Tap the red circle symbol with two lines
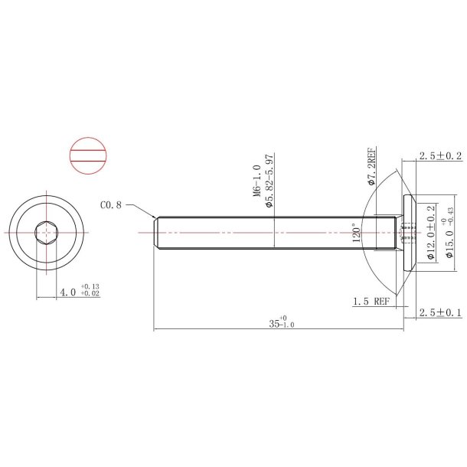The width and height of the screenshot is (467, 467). [x=86, y=157]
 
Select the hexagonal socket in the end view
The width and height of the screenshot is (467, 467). [x=47, y=232]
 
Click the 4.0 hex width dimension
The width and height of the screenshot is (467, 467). [x=67, y=292]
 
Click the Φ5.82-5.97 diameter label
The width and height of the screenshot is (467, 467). [x=269, y=181]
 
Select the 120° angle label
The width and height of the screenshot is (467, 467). [x=355, y=234]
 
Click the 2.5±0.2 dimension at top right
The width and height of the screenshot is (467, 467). [x=440, y=156]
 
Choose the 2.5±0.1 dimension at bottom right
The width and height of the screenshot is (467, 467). [x=440, y=313]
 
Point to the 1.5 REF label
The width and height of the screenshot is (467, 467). [x=371, y=302]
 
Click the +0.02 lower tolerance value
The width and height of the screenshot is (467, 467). [x=90, y=294]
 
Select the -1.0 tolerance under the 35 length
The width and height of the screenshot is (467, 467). [x=288, y=325]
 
